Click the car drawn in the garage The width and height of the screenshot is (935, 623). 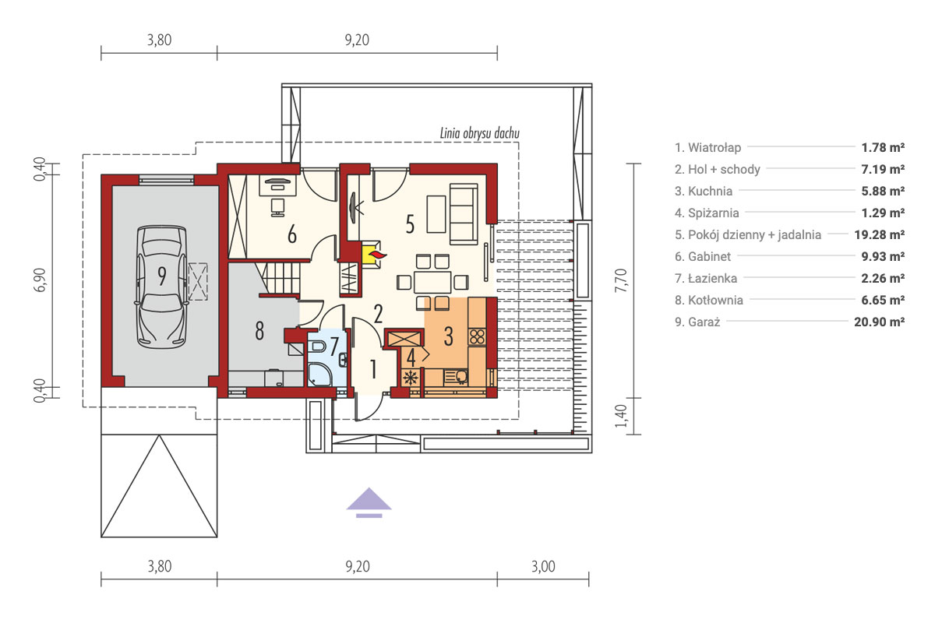pos(161,287)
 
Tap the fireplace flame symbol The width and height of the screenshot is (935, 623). pos(377,255)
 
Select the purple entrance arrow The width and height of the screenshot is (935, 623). pos(369,503)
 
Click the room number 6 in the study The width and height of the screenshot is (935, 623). pos(292,234)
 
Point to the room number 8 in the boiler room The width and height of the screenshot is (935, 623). pos(259,330)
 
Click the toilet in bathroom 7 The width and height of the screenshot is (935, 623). pos(318,346)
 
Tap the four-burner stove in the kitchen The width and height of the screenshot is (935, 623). pos(477,336)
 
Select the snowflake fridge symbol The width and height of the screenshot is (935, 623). pos(411,378)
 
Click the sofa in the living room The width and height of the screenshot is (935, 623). pos(464,213)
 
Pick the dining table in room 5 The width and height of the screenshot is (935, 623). pos(432,282)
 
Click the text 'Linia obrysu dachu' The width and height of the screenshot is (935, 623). pos(480,133)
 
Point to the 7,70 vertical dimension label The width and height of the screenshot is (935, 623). pos(621,280)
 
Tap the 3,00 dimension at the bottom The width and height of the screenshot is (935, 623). pos(543,567)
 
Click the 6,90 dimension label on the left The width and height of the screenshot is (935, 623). pos(40,280)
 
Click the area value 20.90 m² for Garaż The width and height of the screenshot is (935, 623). pos(879,322)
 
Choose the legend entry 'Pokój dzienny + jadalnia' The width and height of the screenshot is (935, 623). pos(748,234)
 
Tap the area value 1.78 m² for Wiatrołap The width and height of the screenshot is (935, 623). pos(883,147)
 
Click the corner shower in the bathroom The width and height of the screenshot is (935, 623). pos(319,374)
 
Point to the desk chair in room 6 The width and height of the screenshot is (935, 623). pos(277,207)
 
